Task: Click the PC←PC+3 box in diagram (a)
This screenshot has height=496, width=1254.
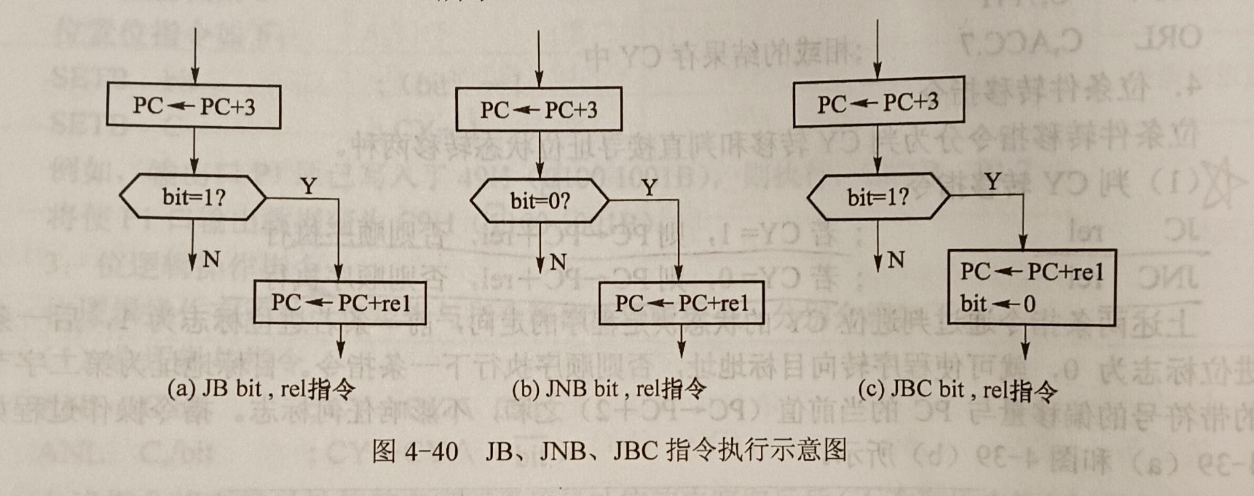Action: pos(194,106)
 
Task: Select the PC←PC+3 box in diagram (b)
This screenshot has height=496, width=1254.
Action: pos(539,109)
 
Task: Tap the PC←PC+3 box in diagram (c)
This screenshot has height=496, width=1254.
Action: pos(878,103)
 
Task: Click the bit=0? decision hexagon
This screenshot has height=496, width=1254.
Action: pos(540,201)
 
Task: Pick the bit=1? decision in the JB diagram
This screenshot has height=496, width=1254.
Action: pos(193,197)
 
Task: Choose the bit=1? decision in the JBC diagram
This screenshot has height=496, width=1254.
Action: pos(878,197)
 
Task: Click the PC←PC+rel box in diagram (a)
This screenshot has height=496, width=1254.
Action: pos(340,303)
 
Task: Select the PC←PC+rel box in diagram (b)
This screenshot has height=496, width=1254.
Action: pos(681,303)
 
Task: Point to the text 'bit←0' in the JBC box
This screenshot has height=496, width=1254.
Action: pos(997,303)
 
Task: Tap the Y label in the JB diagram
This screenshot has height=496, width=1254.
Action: pos(308,187)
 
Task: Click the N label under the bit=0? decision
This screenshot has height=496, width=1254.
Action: pos(557,263)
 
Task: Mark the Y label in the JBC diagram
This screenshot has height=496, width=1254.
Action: pos(993,181)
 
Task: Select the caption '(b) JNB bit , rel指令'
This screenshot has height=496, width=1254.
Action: pos(609,389)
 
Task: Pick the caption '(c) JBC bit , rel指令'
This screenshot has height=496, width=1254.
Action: pos(957,390)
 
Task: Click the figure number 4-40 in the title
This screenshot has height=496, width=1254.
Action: pos(431,451)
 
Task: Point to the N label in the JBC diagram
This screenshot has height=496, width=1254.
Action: pos(896,260)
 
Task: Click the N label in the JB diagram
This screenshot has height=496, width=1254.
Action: pos(211,259)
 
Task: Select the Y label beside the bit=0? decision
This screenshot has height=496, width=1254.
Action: pos(649,188)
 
